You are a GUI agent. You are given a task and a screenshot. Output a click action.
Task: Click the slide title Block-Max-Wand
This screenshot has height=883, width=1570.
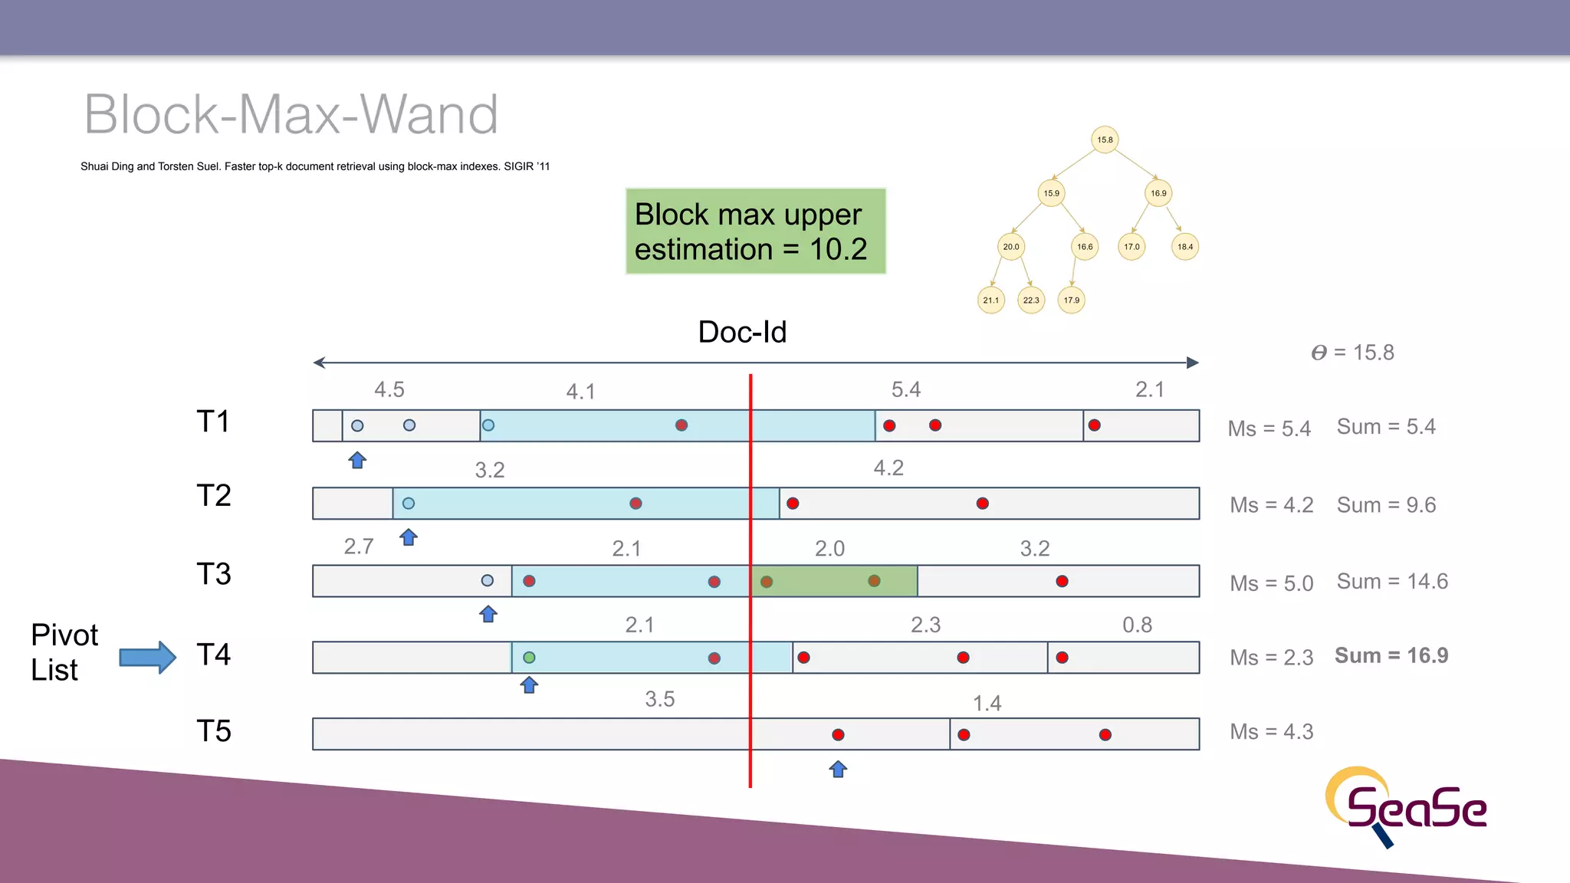click(x=291, y=115)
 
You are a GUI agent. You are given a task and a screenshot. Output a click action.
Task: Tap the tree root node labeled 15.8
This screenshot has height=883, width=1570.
click(x=1104, y=140)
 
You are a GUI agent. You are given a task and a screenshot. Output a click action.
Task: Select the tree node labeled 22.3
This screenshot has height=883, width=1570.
click(x=1030, y=300)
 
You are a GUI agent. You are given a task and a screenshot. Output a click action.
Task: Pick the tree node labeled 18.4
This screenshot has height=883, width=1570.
click(x=1184, y=247)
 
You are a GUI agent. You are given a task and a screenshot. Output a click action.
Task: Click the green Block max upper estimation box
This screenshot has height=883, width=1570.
click(x=755, y=231)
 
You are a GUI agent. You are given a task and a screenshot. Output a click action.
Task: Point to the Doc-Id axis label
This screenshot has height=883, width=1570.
click(x=742, y=332)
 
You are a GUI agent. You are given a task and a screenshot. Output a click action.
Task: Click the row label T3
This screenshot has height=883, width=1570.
click(x=213, y=574)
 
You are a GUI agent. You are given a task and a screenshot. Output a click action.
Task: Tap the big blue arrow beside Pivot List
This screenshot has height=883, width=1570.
click(x=148, y=657)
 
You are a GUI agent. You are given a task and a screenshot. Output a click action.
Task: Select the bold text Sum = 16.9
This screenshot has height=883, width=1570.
click(x=1391, y=655)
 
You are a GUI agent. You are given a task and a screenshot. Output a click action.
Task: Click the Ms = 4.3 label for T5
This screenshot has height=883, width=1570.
click(x=1271, y=732)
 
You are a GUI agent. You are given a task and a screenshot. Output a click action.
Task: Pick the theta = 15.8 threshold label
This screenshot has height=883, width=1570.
click(x=1352, y=353)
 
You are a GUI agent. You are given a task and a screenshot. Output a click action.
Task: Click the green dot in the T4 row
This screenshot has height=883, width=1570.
click(x=529, y=658)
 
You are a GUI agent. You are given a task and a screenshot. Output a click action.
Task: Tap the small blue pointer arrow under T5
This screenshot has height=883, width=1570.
click(x=838, y=769)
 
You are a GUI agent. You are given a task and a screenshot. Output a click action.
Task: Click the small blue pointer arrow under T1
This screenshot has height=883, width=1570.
click(x=357, y=460)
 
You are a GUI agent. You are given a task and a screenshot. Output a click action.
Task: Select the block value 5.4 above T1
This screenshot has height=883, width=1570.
click(x=905, y=389)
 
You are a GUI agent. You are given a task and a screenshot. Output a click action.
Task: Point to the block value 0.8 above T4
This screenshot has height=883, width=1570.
click(x=1137, y=625)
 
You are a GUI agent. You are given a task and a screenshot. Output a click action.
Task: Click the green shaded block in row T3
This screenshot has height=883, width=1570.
click(x=834, y=581)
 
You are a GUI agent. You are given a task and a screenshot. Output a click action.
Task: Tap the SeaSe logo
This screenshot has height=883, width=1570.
click(x=1407, y=806)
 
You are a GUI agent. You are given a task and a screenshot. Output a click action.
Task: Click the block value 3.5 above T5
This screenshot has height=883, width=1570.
click(x=659, y=699)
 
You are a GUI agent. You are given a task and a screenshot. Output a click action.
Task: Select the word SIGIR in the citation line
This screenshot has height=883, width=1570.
click(x=517, y=166)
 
